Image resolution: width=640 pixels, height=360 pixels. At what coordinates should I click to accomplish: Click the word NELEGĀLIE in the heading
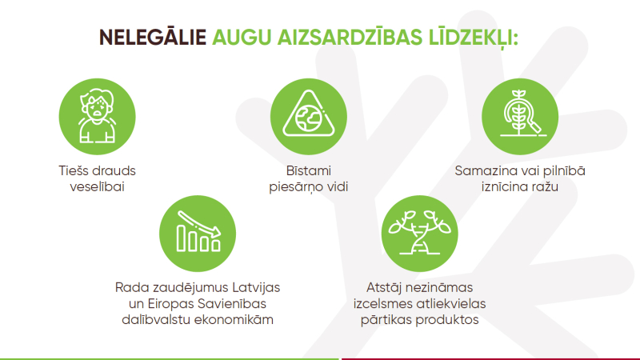(x=153, y=38)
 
